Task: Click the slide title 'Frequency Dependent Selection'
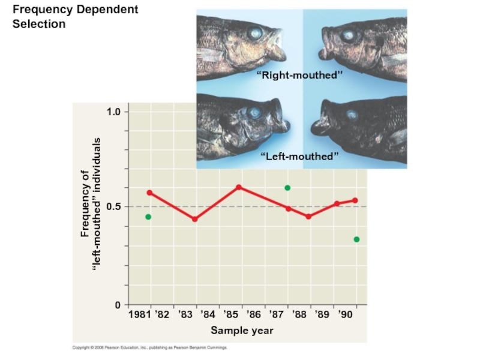(75, 17)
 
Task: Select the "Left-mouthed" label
(299, 156)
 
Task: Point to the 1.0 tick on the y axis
(114, 112)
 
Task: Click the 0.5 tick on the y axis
(114, 206)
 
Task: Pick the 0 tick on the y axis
(118, 305)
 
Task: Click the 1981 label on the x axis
(140, 314)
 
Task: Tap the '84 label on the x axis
(208, 314)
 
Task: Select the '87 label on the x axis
(277, 314)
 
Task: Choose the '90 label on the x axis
(345, 314)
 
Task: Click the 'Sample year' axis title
(242, 331)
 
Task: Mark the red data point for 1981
(149, 193)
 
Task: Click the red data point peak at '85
(238, 187)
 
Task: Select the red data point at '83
(194, 219)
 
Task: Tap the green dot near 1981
(148, 217)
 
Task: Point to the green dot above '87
(287, 188)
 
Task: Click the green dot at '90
(356, 239)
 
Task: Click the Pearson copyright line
(149, 347)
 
